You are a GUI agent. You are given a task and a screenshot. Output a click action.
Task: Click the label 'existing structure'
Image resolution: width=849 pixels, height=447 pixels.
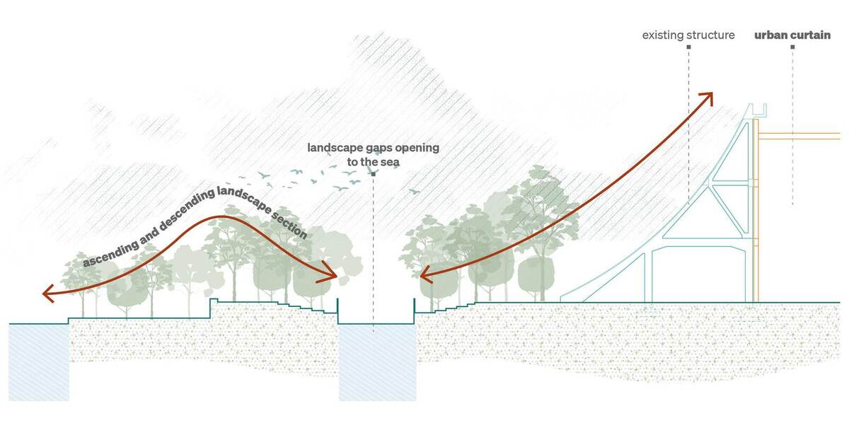click(x=688, y=35)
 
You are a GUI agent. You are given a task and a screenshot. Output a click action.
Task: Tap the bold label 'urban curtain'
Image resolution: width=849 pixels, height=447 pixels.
click(x=792, y=35)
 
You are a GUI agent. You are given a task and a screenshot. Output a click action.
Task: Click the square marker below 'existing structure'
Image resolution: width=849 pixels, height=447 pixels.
click(x=688, y=47)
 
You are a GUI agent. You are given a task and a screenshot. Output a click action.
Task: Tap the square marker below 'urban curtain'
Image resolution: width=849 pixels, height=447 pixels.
click(x=792, y=47)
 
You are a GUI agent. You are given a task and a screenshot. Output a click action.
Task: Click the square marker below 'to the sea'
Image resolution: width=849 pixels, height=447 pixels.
click(x=374, y=174)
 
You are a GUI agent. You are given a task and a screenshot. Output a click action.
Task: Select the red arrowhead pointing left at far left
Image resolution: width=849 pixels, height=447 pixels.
click(x=49, y=294)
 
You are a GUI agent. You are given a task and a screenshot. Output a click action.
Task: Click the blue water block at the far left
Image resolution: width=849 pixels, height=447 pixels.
click(x=39, y=362)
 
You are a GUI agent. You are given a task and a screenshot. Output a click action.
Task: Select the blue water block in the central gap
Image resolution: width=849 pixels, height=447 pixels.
click(x=378, y=362)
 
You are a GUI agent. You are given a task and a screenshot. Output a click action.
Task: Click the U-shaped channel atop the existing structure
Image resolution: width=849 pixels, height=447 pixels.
click(x=757, y=110)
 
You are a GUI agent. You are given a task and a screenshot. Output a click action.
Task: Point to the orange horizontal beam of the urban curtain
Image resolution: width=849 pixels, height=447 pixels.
click(x=799, y=137)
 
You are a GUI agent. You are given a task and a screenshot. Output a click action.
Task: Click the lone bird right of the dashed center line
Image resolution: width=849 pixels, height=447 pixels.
click(x=415, y=192)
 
